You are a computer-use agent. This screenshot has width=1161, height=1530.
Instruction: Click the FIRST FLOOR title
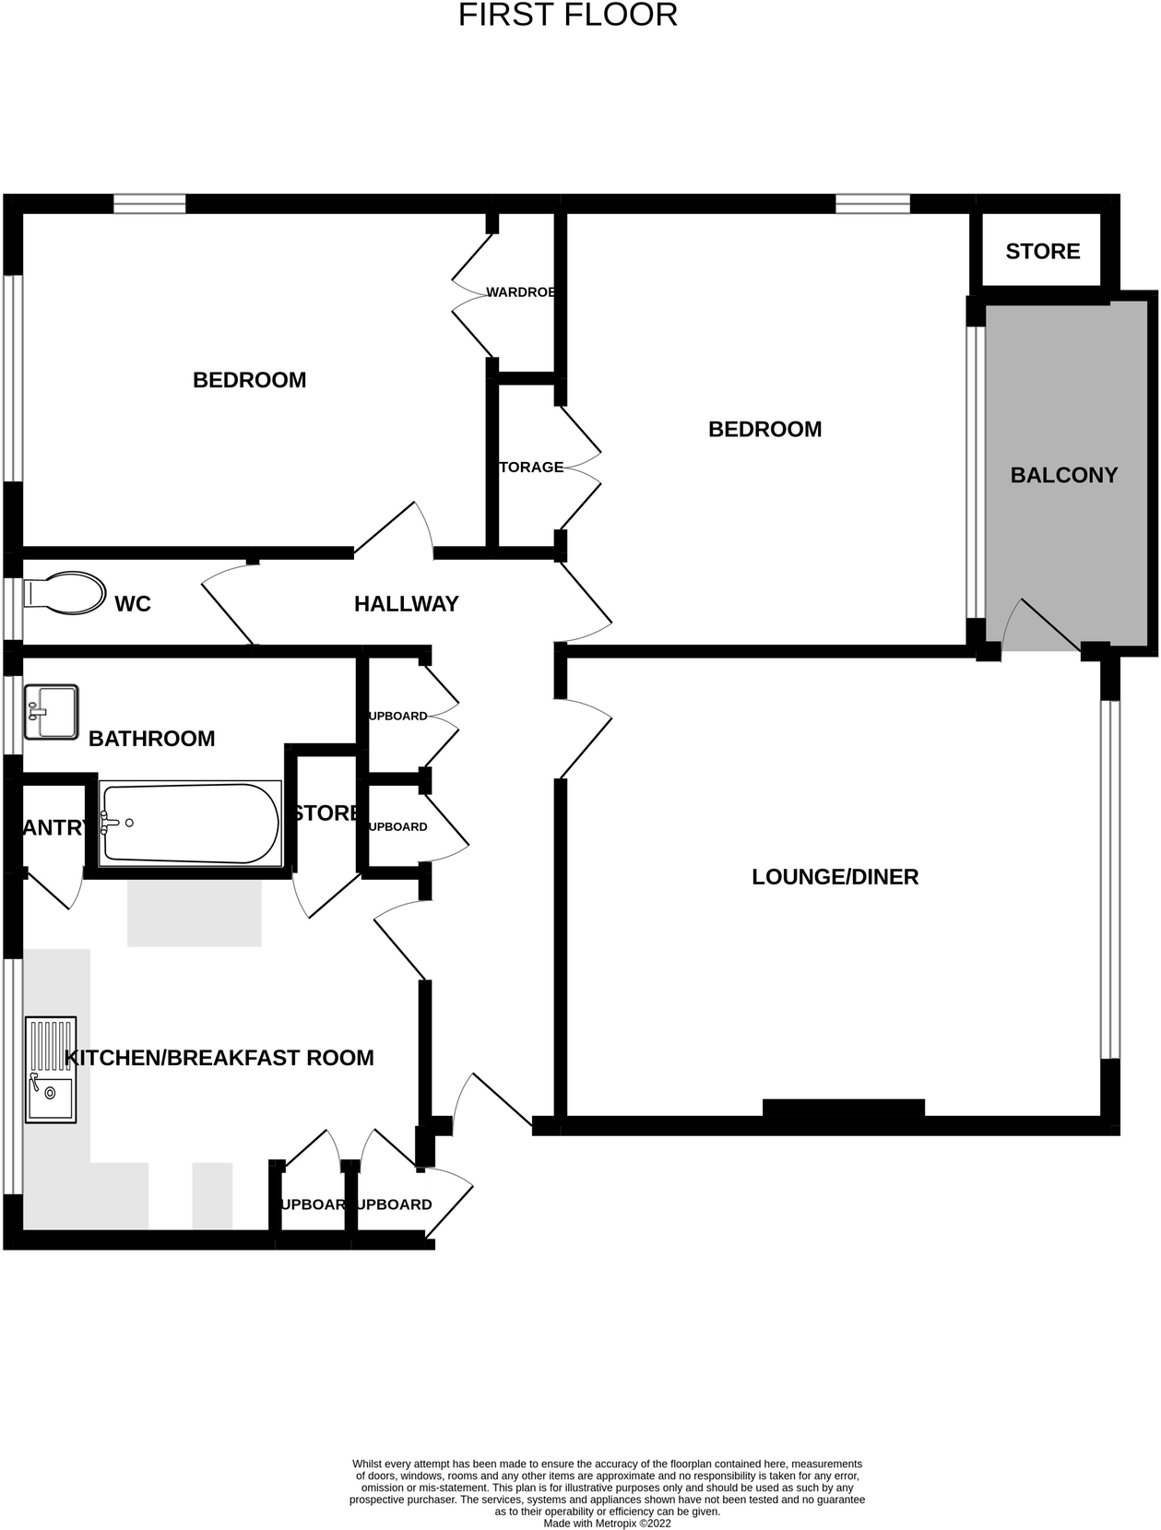[x=567, y=16]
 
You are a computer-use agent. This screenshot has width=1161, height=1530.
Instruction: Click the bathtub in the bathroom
[x=190, y=824]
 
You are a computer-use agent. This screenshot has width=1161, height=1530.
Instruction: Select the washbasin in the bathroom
[x=51, y=711]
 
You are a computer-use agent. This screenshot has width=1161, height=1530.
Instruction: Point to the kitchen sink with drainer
[x=51, y=1070]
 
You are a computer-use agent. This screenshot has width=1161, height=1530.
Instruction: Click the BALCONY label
[x=1063, y=475]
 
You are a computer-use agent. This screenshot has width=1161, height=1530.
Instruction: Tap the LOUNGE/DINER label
[x=835, y=877]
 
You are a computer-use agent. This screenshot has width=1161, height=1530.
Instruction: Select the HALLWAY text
[x=406, y=604]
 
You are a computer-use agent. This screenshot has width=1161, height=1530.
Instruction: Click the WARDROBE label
[x=521, y=292]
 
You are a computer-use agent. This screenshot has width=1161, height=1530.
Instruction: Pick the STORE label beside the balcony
[x=1042, y=252]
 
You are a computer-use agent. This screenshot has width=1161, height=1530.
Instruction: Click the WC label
[x=133, y=604]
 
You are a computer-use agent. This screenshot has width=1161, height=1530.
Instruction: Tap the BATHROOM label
[x=151, y=739]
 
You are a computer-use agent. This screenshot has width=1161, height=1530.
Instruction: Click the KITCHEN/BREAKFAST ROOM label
[x=219, y=1058]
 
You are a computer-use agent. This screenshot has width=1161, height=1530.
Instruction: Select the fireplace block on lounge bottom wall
[x=843, y=1108]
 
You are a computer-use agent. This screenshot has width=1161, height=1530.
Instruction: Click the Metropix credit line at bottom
[x=607, y=1524]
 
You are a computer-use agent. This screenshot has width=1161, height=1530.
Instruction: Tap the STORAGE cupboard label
[x=531, y=468]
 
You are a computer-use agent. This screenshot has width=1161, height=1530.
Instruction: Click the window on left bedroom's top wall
[x=149, y=204]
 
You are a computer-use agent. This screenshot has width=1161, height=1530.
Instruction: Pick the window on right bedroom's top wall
[x=872, y=204]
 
